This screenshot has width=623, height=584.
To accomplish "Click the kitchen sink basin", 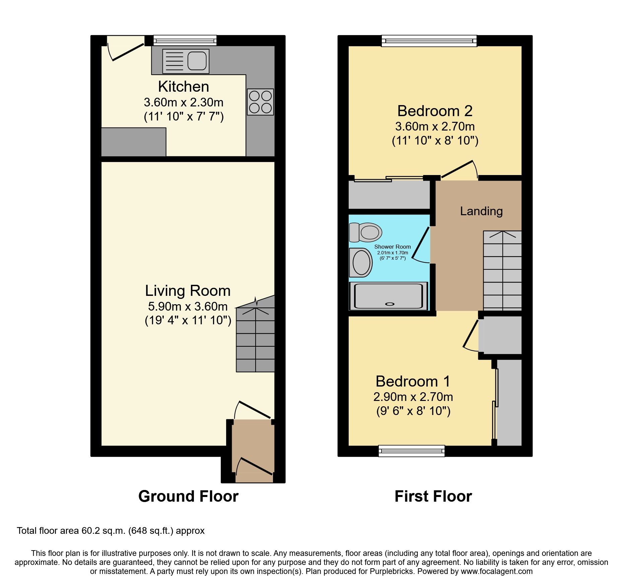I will (197, 61).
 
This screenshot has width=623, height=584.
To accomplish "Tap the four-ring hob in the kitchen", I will (260, 102).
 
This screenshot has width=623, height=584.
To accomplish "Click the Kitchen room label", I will (184, 87).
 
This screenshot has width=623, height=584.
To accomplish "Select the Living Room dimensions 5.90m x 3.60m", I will (188, 306).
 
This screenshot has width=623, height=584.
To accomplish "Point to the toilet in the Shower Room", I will (366, 232).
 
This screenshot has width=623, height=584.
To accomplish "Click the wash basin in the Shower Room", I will (361, 263).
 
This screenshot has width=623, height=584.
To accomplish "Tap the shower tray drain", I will (390, 304).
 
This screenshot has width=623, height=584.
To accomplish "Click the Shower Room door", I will (421, 243).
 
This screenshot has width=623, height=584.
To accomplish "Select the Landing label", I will (481, 211).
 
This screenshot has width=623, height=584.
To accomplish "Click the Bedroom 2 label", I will (435, 111).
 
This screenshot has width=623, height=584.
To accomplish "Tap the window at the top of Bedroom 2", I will (429, 41).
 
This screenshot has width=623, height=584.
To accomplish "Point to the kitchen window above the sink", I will (185, 40).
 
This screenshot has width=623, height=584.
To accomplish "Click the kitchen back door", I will (128, 52).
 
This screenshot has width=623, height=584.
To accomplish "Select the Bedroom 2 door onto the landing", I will (457, 169).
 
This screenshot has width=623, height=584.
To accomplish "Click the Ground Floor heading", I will (188, 496).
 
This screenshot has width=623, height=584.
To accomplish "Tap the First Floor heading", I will (433, 496).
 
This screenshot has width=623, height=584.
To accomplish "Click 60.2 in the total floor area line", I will (89, 531).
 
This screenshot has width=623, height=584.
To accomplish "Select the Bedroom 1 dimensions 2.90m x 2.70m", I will (413, 397).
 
